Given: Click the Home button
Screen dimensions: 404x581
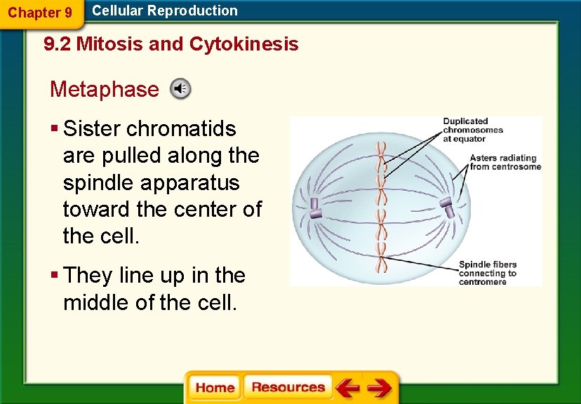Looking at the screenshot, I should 215,388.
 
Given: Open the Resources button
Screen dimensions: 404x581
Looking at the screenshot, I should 288,388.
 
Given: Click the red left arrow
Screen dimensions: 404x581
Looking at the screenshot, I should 347,388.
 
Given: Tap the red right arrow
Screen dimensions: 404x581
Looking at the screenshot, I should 379,388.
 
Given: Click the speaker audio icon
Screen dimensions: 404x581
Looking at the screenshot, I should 180,89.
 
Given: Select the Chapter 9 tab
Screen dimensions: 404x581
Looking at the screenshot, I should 40,13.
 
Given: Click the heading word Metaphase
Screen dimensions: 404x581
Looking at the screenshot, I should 105,90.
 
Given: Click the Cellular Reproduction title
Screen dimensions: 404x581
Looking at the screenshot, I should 165,11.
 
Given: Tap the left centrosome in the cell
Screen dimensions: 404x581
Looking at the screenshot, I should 314,208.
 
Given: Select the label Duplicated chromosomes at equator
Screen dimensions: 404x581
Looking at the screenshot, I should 472,130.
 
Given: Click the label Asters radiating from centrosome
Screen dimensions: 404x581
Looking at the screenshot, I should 505,162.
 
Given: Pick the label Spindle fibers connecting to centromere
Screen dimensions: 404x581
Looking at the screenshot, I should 487,273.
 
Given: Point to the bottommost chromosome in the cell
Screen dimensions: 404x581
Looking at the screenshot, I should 381,264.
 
